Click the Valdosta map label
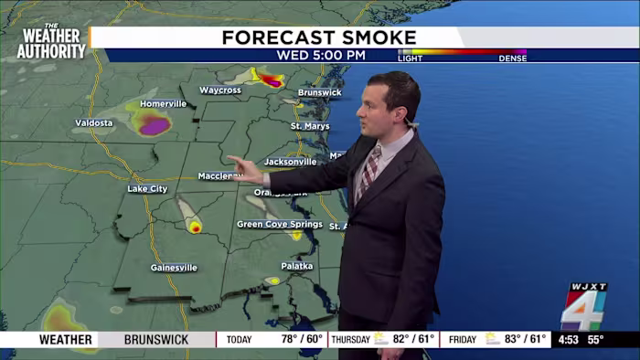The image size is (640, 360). point(94,122)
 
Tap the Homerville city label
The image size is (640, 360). point(164,103)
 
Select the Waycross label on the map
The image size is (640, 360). point(219,90)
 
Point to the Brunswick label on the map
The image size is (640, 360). point(319,92)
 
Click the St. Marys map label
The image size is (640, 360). point(310,125)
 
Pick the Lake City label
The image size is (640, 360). point(147,188)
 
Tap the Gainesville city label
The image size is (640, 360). point(174,268)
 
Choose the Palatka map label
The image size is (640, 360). point(296,266)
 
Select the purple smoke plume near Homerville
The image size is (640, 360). point(153,125)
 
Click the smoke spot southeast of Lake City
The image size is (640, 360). point(195,227)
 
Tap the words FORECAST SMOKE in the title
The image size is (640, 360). point(319,37)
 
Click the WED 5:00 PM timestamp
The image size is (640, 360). point(321,55)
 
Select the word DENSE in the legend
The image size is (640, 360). point(512,58)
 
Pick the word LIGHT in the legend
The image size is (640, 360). point(411,58)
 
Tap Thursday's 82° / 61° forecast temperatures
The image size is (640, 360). point(413,340)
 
